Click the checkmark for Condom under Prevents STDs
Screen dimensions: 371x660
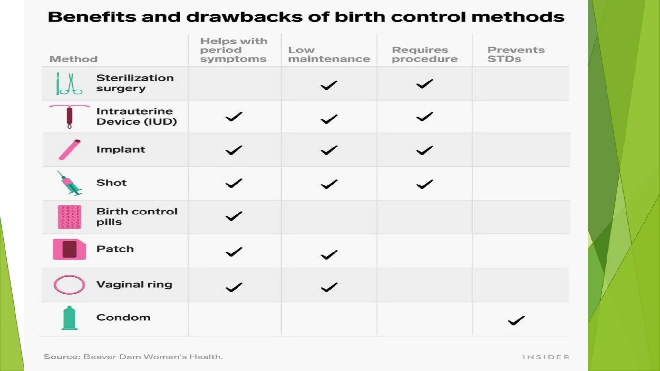click(x=516, y=320)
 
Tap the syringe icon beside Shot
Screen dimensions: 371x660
click(x=70, y=183)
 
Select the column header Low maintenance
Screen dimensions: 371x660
click(x=329, y=54)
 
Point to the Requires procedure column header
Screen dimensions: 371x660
click(x=424, y=54)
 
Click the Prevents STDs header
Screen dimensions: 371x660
click(x=516, y=54)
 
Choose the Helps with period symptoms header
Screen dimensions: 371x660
click(x=234, y=50)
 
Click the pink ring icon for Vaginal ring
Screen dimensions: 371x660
click(x=69, y=285)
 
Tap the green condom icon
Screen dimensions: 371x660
click(x=69, y=318)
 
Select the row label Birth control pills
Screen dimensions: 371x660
click(x=137, y=217)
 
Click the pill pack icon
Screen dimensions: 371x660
click(x=69, y=217)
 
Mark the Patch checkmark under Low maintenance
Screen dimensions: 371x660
click(x=329, y=255)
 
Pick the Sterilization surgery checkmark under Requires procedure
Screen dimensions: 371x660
click(x=424, y=84)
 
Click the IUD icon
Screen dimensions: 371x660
click(x=69, y=116)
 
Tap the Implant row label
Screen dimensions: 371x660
click(x=121, y=149)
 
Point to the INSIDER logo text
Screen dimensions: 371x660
click(x=546, y=357)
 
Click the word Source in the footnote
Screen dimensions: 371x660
click(x=62, y=357)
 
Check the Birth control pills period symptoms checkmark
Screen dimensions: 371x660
click(x=234, y=216)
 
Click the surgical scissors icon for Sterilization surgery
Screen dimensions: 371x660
click(x=69, y=83)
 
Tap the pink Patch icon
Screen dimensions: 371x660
click(x=69, y=249)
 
